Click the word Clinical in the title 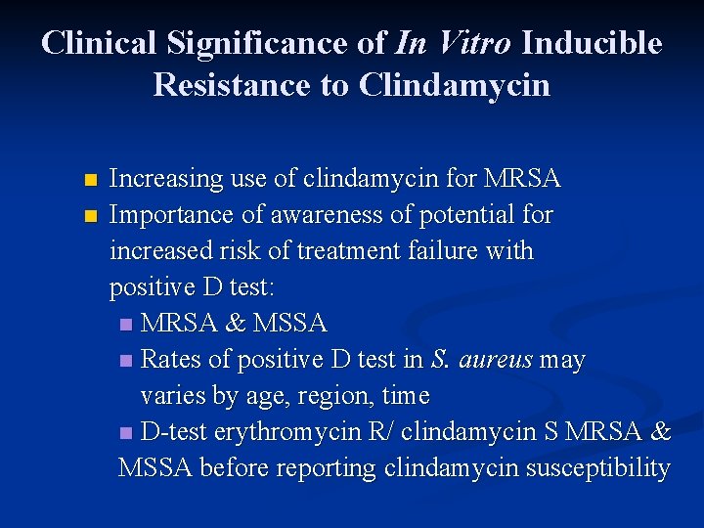pos(98,43)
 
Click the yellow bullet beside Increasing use pos(91,181)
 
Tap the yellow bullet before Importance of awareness pos(91,216)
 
